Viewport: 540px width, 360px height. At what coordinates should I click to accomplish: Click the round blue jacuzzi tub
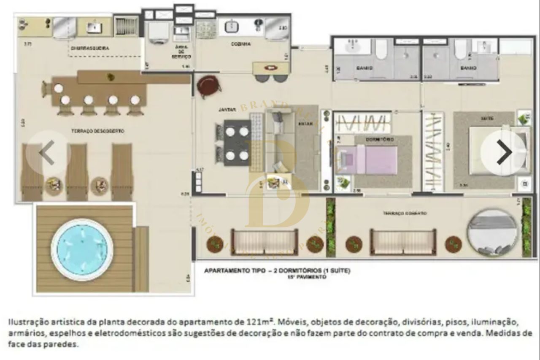(82, 249)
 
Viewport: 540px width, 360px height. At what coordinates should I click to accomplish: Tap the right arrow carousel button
(503, 152)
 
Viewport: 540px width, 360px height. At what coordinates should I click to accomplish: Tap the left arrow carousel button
(48, 153)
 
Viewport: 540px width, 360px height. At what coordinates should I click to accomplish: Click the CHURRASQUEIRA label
(90, 49)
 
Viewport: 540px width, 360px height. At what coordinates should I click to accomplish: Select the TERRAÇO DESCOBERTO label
(103, 131)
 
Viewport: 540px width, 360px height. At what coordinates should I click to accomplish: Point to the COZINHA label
(241, 44)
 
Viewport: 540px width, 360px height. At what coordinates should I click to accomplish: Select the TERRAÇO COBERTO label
(405, 214)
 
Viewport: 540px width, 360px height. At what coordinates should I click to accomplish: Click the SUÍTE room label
(487, 119)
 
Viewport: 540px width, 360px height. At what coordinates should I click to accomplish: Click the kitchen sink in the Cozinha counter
(232, 27)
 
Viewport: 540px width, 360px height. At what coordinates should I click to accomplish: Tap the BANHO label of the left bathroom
(364, 68)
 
